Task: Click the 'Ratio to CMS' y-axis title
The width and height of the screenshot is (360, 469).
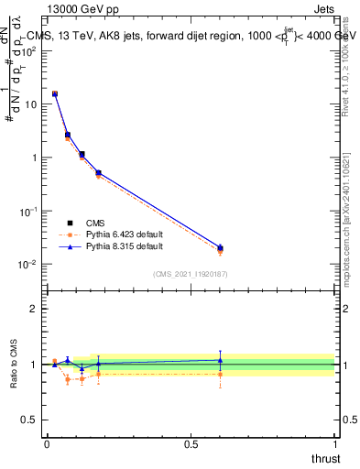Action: [x=14, y=364]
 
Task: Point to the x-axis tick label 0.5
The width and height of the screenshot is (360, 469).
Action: [x=191, y=443]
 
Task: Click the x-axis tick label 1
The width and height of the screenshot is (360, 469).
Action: [x=335, y=443]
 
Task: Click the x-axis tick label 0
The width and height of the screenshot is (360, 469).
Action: [x=47, y=443]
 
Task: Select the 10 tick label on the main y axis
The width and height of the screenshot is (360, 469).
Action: [x=31, y=104]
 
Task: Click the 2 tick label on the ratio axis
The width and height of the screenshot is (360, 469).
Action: [x=34, y=309]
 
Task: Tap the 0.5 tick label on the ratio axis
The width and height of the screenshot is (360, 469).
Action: [x=30, y=420]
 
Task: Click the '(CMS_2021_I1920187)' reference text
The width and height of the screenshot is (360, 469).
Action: [x=190, y=275]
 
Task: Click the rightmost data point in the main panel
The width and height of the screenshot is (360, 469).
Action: [x=220, y=248]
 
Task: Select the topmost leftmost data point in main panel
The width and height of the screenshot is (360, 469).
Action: [x=55, y=93]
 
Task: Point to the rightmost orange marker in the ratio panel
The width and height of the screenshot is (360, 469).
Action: [x=220, y=374]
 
